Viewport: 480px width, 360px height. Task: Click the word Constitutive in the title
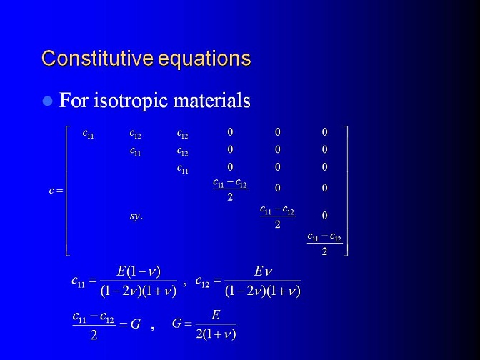(97, 58)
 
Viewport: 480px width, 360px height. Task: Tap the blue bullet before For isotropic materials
(47, 101)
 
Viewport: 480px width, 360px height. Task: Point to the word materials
(211, 100)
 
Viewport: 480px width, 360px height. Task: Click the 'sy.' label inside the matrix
(136, 216)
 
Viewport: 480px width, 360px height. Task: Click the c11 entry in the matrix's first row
(88, 134)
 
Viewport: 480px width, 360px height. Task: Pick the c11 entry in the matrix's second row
(135, 151)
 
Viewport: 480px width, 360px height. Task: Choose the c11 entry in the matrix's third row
(182, 169)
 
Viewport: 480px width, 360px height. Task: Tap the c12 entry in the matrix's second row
(182, 151)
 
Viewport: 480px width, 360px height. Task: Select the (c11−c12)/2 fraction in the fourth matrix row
(230, 190)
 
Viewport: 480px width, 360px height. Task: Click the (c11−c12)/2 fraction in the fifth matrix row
(277, 216)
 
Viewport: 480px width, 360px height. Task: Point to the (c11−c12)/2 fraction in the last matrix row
(324, 244)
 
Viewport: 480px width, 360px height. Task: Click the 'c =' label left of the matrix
(56, 191)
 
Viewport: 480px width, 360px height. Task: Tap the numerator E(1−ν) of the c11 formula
(139, 272)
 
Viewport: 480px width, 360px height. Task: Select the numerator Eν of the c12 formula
(263, 271)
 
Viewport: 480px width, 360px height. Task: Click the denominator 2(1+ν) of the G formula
(216, 334)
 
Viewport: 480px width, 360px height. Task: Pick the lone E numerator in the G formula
(216, 315)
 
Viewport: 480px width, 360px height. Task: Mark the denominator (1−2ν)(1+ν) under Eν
(263, 291)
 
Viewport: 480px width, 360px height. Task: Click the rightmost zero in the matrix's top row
(324, 132)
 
